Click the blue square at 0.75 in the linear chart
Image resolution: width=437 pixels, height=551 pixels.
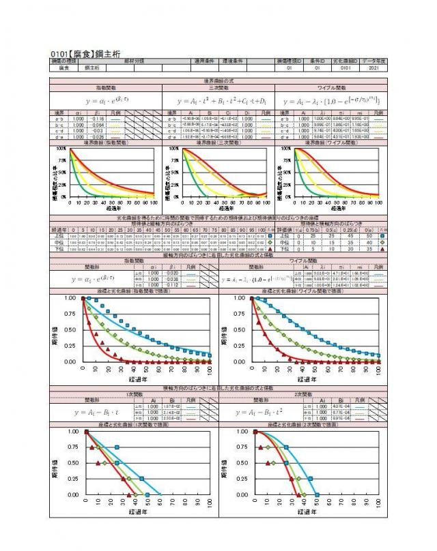click(117, 447)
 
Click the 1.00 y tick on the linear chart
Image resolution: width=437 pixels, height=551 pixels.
click(72, 432)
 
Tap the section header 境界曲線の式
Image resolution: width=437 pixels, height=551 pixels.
click(218, 81)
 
